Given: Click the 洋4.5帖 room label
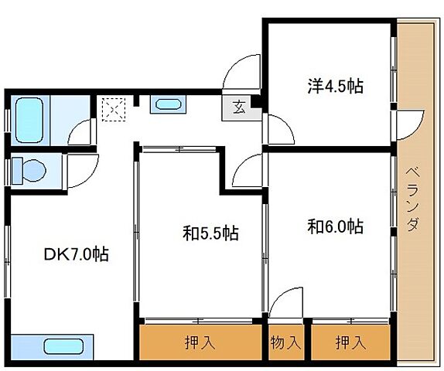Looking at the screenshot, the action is pyautogui.click(x=335, y=86).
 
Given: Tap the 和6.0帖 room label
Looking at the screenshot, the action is pyautogui.click(x=335, y=226).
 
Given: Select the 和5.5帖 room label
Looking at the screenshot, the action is pyautogui.click(x=210, y=233).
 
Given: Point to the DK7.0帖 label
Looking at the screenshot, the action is pyautogui.click(x=77, y=254).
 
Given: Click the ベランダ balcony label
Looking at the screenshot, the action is pyautogui.click(x=413, y=199).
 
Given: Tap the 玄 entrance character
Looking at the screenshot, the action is pyautogui.click(x=239, y=107).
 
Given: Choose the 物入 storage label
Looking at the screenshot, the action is pyautogui.click(x=285, y=342).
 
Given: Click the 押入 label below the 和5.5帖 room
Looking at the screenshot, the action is pyautogui.click(x=200, y=342).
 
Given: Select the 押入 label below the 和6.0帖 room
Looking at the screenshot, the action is pyautogui.click(x=350, y=342).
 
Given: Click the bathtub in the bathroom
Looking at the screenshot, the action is pyautogui.click(x=29, y=120).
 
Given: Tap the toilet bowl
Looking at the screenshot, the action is pyautogui.click(x=33, y=170).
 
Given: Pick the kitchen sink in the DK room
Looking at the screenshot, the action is pyautogui.click(x=63, y=347).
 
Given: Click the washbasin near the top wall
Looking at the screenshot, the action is pyautogui.click(x=168, y=104).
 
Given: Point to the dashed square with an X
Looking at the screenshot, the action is pyautogui.click(x=114, y=110).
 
